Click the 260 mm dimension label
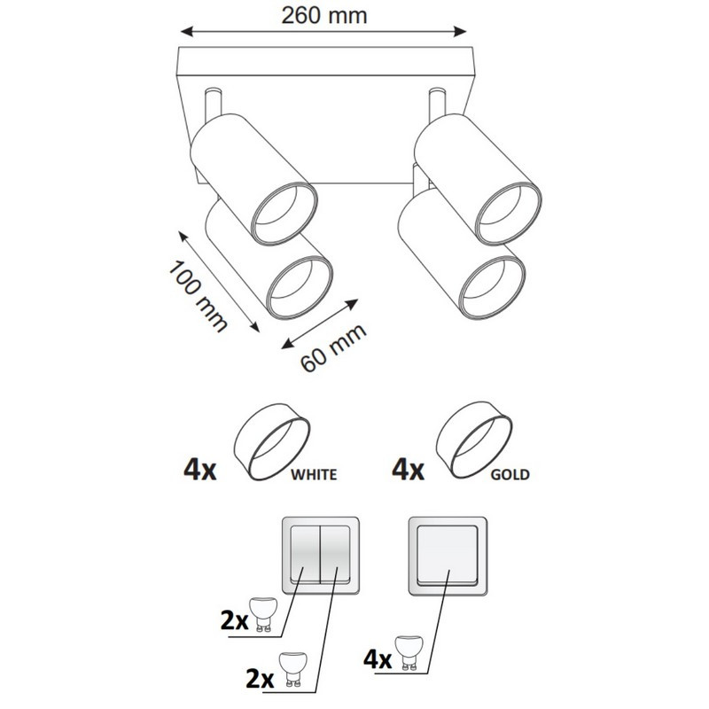[323, 16]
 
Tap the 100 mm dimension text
[197, 297]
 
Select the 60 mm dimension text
[333, 347]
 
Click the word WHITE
[314, 475]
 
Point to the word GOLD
[510, 475]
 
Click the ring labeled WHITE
[272, 441]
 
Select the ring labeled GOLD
[474, 440]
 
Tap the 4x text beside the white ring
[200, 470]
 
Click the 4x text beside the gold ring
[408, 470]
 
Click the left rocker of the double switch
[305, 554]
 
